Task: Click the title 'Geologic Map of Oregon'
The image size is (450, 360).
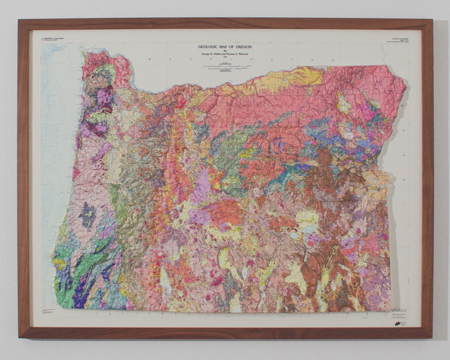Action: pyautogui.click(x=225, y=47)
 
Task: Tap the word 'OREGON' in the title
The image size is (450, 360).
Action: pyautogui.click(x=241, y=47)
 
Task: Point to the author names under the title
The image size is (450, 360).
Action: pyautogui.click(x=225, y=55)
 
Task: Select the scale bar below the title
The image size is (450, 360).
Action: pyautogui.click(x=225, y=66)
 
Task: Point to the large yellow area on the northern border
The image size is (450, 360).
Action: pyautogui.click(x=298, y=78)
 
